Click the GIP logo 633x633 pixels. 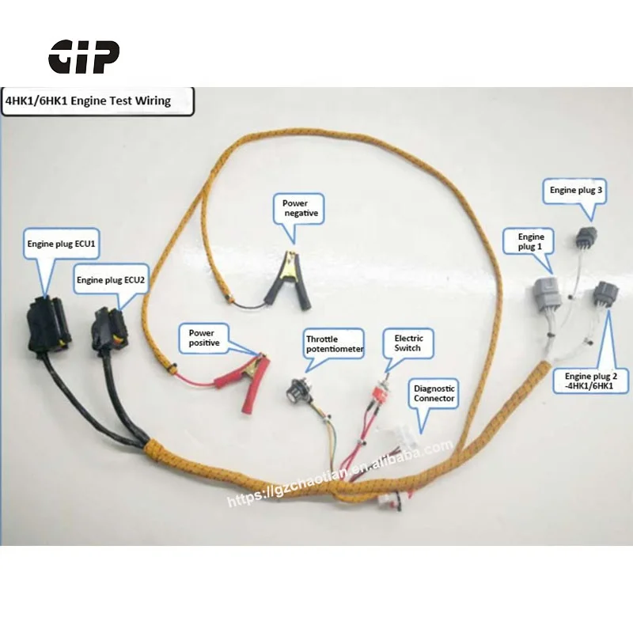84,56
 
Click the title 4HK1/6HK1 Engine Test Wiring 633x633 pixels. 87,102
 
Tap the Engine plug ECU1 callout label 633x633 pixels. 62,244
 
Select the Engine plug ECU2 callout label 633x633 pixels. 111,279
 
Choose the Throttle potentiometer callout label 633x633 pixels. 335,344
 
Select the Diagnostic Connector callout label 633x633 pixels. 434,393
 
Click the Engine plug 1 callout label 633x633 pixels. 531,241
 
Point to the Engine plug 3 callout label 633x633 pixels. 576,190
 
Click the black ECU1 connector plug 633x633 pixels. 47,324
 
